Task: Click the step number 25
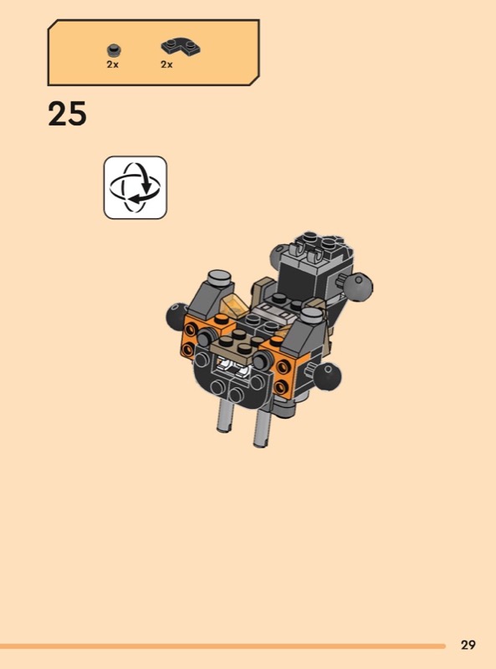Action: (67, 114)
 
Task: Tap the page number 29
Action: (468, 644)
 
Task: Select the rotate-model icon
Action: (136, 187)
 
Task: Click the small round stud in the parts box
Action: (113, 51)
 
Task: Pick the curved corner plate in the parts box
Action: (181, 48)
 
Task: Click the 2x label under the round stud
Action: (113, 65)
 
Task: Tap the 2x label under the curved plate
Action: (167, 65)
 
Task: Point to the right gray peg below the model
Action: (263, 426)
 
